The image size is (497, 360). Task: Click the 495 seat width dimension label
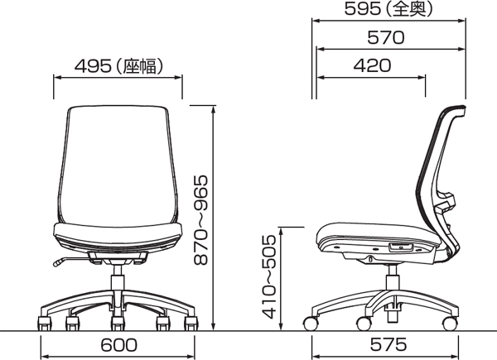point(117,65)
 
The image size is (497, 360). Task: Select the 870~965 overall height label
point(200,218)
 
